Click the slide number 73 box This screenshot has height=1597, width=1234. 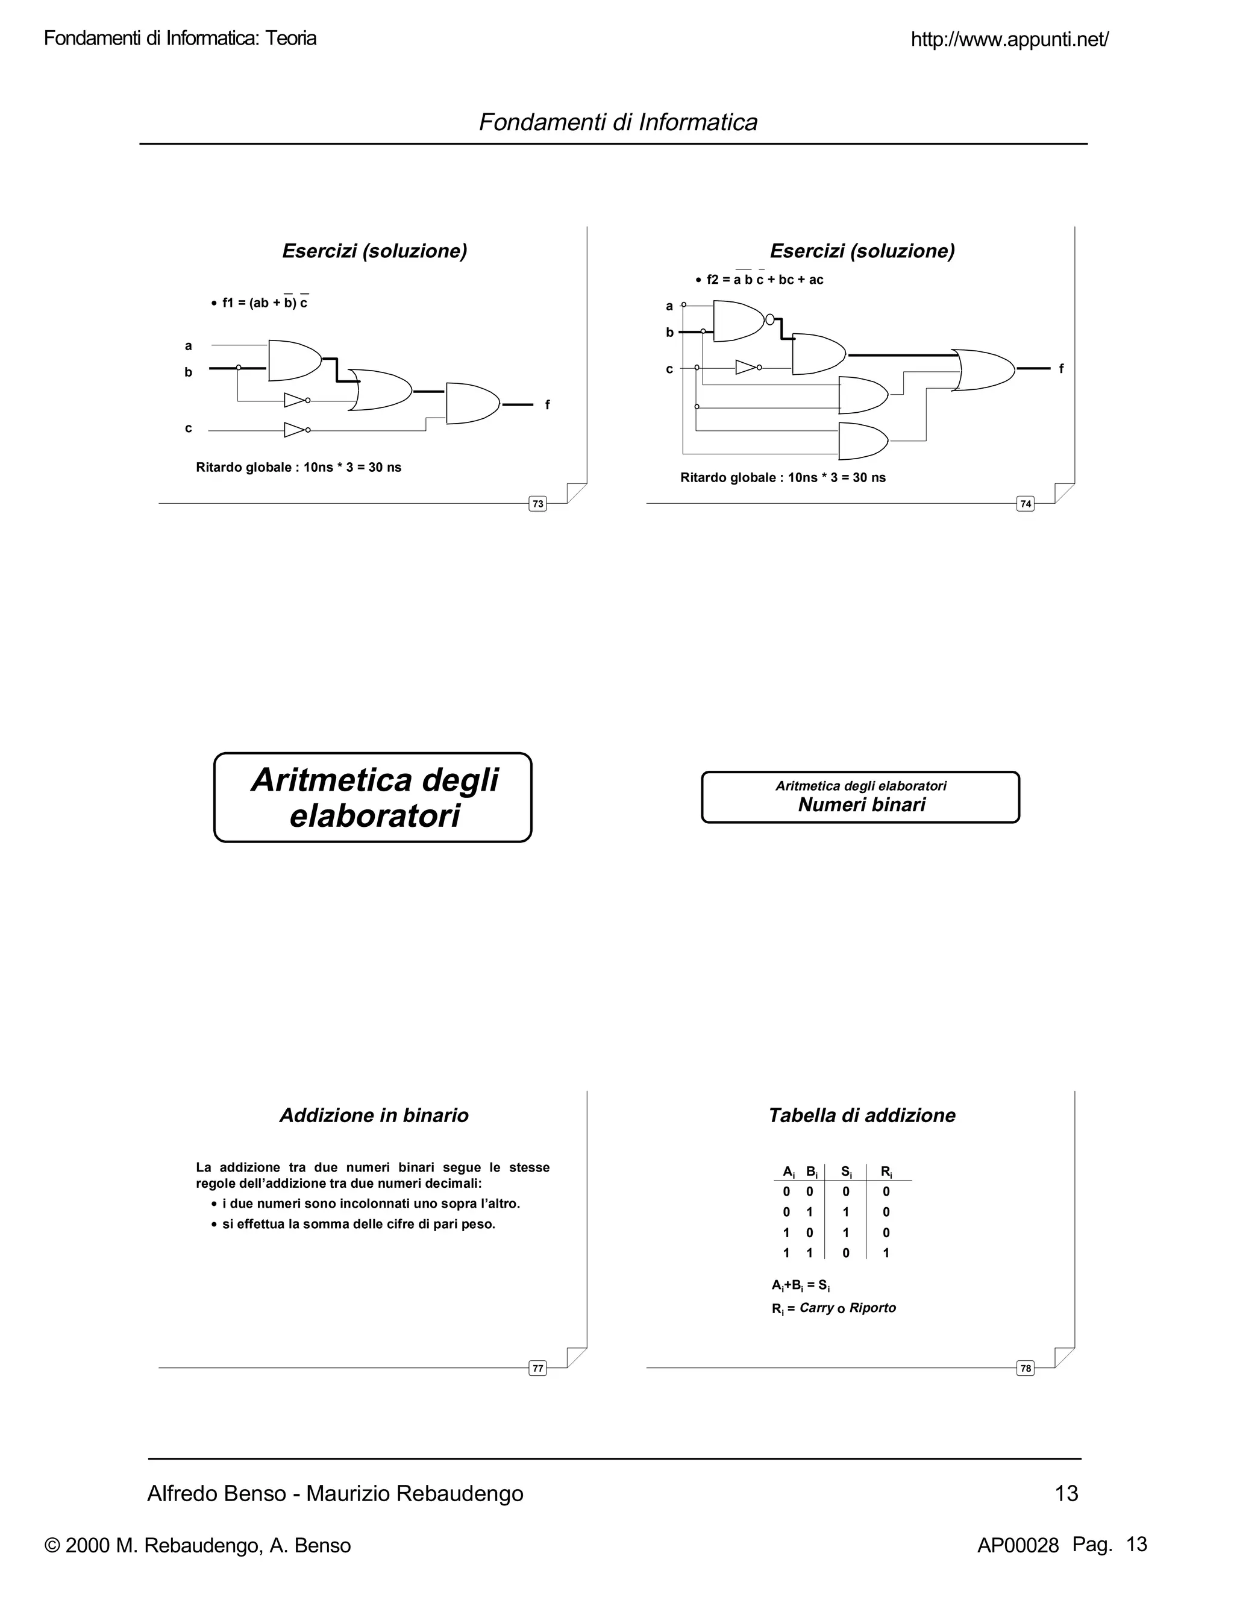(537, 504)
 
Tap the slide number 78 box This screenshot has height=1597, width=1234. (1026, 1368)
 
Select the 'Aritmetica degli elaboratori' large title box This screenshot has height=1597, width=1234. (373, 798)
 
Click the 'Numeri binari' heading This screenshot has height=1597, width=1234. (861, 805)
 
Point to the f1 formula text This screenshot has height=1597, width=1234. (265, 303)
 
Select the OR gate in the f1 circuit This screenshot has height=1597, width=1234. (380, 390)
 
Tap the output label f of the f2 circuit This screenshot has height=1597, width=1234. (1062, 369)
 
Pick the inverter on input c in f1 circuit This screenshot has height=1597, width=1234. (296, 429)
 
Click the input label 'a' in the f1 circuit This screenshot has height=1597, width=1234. (189, 346)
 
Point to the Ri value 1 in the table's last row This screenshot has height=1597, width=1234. (886, 1253)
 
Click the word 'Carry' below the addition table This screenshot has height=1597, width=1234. (816, 1308)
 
